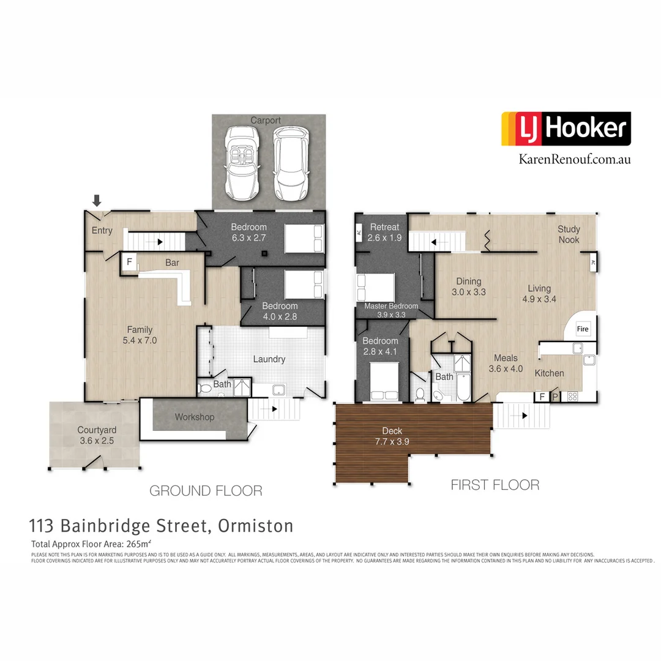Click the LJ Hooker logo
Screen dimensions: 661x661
(x=566, y=129)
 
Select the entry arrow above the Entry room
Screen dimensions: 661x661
(x=97, y=200)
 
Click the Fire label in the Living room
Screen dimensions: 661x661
(x=583, y=329)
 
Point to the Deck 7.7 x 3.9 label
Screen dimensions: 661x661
(x=392, y=436)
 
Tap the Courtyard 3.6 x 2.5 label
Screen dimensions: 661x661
(x=97, y=435)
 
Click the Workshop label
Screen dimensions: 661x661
(x=195, y=417)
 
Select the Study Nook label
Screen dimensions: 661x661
(x=569, y=234)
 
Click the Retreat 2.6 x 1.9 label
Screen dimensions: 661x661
(x=384, y=232)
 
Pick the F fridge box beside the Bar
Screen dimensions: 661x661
(x=129, y=261)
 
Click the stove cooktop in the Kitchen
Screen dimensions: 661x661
(x=573, y=396)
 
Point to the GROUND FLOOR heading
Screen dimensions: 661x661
(x=206, y=490)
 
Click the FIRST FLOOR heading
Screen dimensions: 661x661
(x=495, y=485)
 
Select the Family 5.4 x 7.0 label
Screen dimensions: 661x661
(x=140, y=335)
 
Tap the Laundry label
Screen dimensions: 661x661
(x=269, y=359)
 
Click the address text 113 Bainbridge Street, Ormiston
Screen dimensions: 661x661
(x=162, y=526)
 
